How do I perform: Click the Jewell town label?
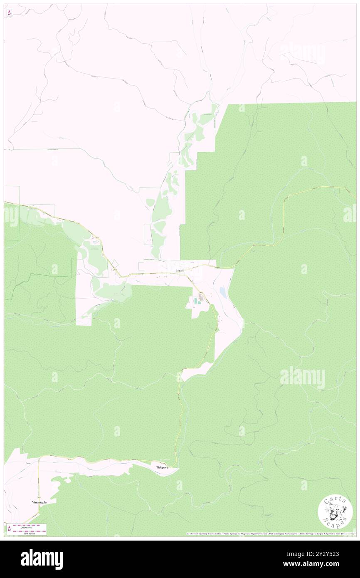click(x=180, y=270)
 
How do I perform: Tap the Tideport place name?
click(x=162, y=467)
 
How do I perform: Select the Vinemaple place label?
click(x=39, y=502)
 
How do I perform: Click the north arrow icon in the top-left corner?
click(x=9, y=13)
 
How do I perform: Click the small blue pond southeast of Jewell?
click(x=223, y=294)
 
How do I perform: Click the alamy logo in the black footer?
click(x=42, y=558)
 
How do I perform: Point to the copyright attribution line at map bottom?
click(x=270, y=534)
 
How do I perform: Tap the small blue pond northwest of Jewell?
click(x=96, y=242)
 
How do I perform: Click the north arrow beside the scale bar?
click(x=9, y=529)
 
